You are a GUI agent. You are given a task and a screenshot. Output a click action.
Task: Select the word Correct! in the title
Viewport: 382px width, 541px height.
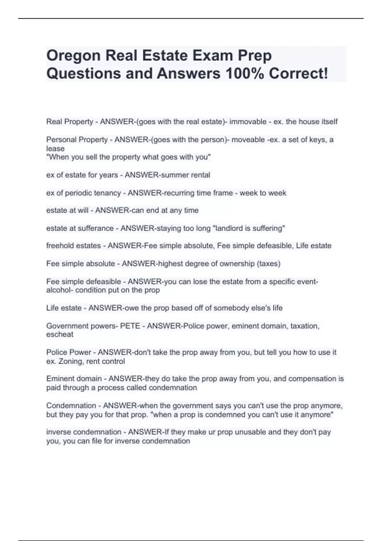click(x=298, y=74)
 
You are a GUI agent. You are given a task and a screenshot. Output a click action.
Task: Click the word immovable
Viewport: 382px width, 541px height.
click(x=248, y=122)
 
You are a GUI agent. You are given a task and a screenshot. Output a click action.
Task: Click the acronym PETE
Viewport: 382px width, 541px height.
click(x=130, y=326)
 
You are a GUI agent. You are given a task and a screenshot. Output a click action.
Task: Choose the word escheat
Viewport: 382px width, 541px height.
click(x=60, y=334)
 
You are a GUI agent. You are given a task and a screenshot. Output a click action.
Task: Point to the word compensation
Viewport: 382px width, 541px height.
click(x=312, y=379)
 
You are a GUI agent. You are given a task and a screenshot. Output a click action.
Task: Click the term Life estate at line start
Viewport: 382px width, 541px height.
click(x=64, y=308)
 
